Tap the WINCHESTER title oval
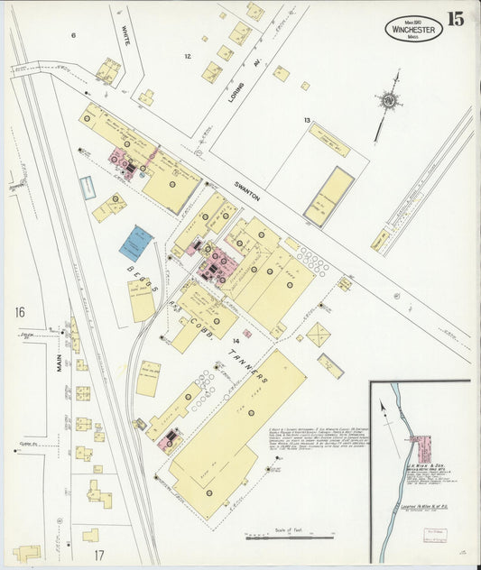pyautogui.click(x=412, y=29)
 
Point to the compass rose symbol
pyautogui.click(x=389, y=102)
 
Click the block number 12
pyautogui.click(x=188, y=56)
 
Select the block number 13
pyautogui.click(x=307, y=120)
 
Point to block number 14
pyautogui.click(x=236, y=341)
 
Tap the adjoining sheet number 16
pyautogui.click(x=19, y=312)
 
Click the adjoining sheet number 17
pyautogui.click(x=98, y=554)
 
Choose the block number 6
pyautogui.click(x=74, y=35)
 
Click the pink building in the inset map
pyautogui.click(x=421, y=449)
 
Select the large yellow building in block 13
pyautogui.click(x=328, y=196)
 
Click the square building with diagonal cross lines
pyautogui.click(x=318, y=335)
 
